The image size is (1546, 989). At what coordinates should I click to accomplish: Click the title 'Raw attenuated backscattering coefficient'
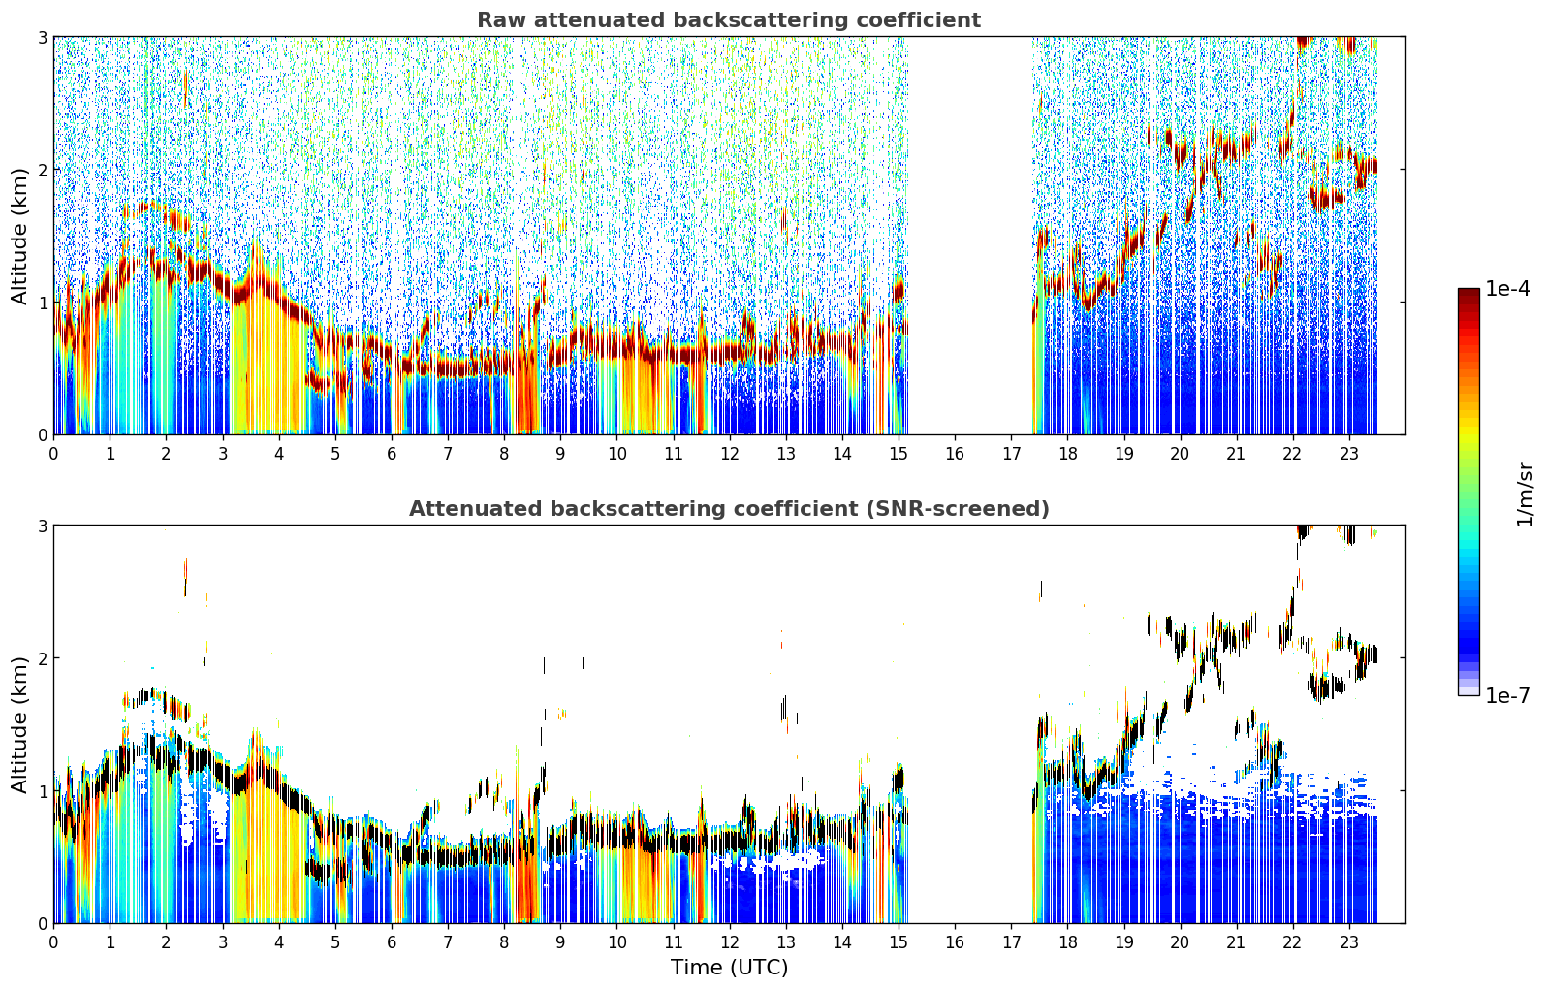click(x=729, y=20)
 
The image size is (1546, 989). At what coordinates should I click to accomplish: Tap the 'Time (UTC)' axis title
click(x=729, y=967)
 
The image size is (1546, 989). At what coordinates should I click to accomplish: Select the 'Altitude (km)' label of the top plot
click(x=19, y=237)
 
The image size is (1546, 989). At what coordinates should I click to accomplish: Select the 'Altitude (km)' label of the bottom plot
click(x=19, y=724)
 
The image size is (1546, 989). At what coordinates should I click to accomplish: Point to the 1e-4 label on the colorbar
click(x=1507, y=289)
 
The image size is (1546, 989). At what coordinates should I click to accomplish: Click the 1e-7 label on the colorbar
click(x=1507, y=695)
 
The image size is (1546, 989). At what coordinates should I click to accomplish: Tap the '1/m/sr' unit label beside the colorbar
click(x=1525, y=495)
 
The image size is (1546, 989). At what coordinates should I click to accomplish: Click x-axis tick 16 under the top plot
click(x=955, y=454)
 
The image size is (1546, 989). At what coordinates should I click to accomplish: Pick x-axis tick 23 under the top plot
click(x=1348, y=454)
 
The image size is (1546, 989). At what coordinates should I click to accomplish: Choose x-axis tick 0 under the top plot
click(x=54, y=454)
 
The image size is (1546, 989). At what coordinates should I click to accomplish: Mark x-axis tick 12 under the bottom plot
click(x=730, y=942)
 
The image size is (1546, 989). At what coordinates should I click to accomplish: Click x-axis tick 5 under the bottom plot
click(x=335, y=942)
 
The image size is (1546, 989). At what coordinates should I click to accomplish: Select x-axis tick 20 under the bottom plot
click(x=1181, y=942)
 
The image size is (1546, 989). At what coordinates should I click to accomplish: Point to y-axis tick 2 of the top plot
click(x=41, y=170)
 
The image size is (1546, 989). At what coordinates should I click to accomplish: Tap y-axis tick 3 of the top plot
click(x=41, y=37)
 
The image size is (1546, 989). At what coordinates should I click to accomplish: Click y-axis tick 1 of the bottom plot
click(x=41, y=791)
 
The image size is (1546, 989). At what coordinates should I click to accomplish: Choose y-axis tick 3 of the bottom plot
click(x=41, y=525)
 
